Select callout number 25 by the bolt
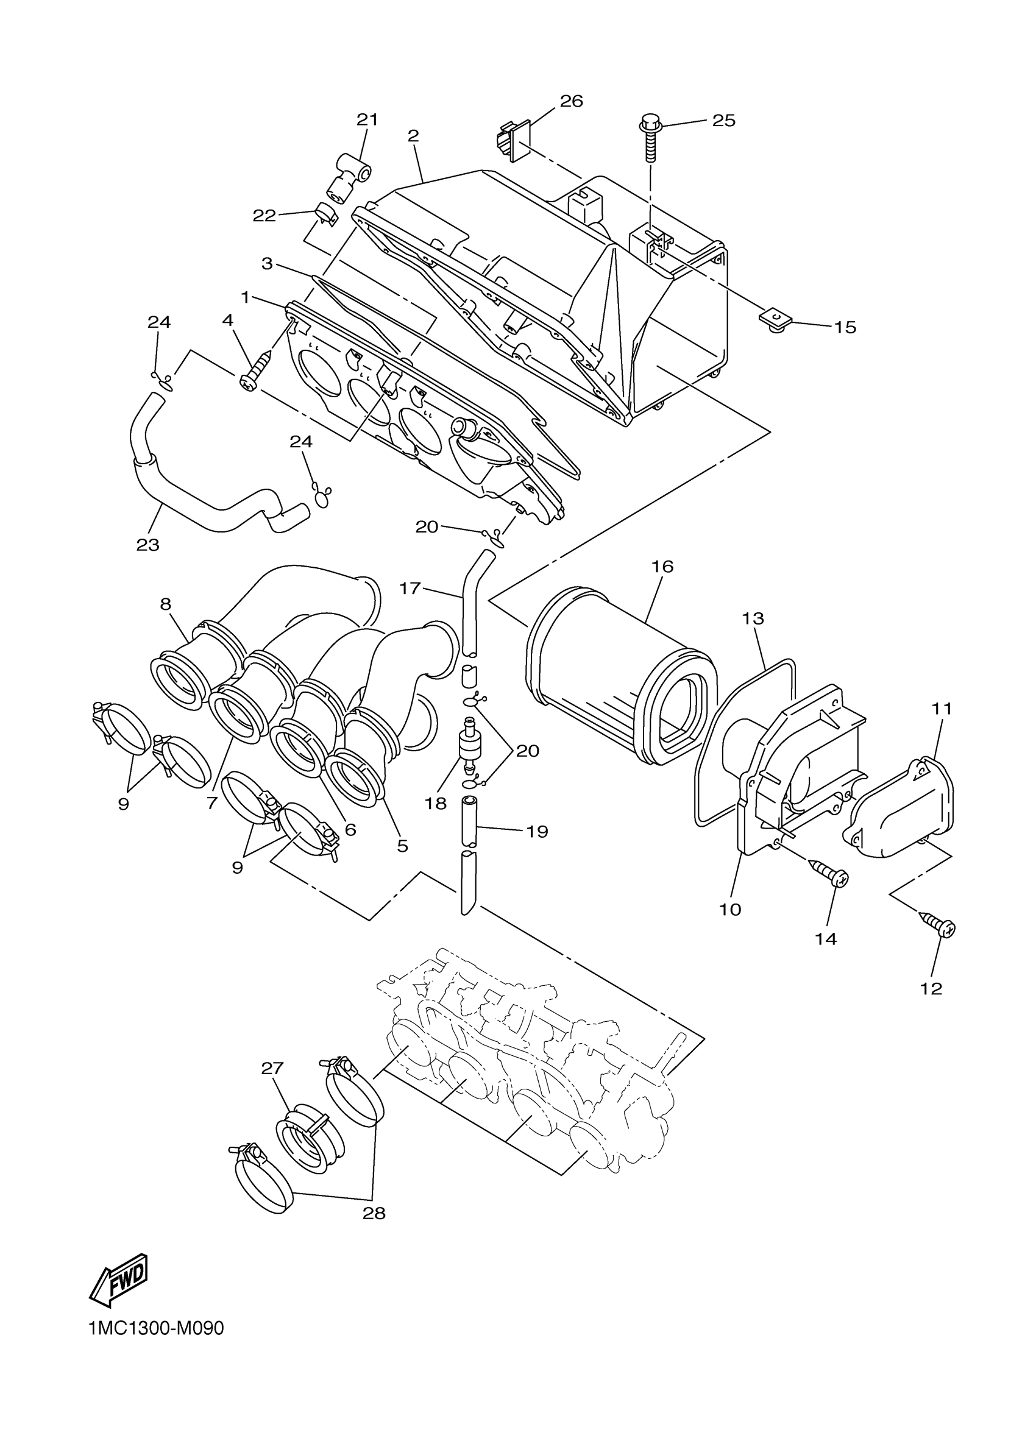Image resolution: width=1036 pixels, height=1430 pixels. tap(724, 121)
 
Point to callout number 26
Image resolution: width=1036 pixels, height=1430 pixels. tap(571, 101)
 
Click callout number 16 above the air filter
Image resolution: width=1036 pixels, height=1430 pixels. tap(662, 566)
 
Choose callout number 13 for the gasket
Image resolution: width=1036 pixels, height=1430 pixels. tap(753, 618)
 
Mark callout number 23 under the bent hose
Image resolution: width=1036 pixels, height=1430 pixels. tap(148, 545)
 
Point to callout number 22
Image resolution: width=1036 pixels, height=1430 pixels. tap(264, 216)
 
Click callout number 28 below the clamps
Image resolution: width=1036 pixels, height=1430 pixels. tap(374, 1212)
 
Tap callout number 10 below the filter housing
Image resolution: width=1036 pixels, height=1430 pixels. tap(730, 909)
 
